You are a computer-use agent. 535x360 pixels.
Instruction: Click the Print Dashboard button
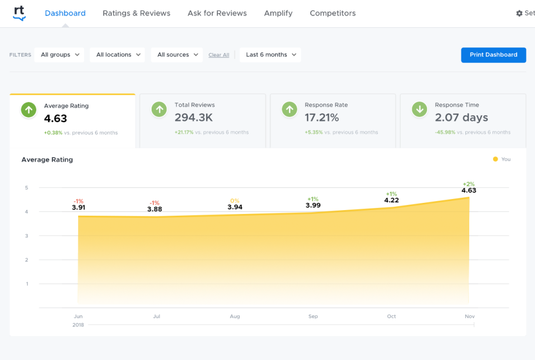point(493,55)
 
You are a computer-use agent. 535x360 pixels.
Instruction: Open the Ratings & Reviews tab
point(137,13)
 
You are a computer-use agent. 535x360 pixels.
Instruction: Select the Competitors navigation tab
point(333,13)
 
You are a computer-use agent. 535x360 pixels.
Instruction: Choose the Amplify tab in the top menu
point(278,13)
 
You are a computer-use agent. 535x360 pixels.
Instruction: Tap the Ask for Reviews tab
point(217,13)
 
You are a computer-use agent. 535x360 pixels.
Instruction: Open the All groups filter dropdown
point(60,55)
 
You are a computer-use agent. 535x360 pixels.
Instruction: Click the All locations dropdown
point(117,55)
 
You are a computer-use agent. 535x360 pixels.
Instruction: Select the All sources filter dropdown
point(177,55)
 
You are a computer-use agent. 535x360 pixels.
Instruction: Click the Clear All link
point(219,55)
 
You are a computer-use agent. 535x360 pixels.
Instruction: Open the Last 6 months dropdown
point(270,55)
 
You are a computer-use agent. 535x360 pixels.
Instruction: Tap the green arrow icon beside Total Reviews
point(159,110)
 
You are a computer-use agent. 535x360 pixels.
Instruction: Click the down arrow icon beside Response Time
point(420,110)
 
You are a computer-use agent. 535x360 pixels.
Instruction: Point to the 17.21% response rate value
point(322,118)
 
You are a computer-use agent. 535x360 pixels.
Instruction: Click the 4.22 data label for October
point(392,201)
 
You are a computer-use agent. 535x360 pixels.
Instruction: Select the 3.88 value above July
point(155,209)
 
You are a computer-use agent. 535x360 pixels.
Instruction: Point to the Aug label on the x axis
point(235,317)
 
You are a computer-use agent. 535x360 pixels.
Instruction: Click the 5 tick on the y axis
point(26,188)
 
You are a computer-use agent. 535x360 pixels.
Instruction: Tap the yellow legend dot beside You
point(495,159)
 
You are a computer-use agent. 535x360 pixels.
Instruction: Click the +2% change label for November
point(469,184)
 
